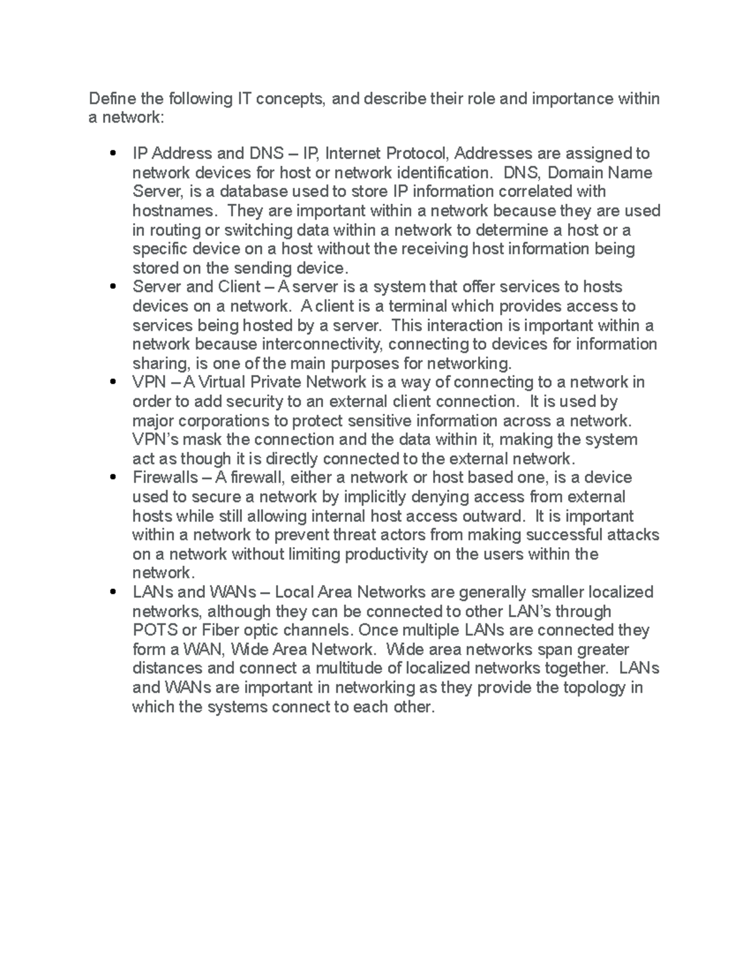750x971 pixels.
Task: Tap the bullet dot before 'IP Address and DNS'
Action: [x=113, y=153]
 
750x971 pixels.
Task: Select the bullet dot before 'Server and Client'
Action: [x=113, y=287]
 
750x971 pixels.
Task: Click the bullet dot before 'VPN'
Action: [x=113, y=382]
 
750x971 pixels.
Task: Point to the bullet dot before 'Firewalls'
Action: [x=113, y=478]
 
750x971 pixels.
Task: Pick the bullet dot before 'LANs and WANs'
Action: [x=113, y=592]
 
